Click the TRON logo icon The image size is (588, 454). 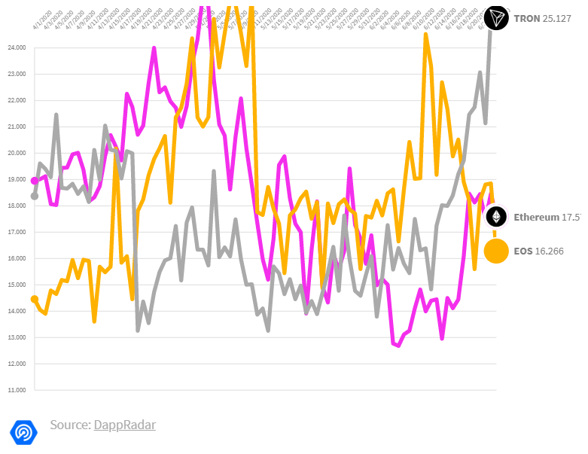pyautogui.click(x=496, y=18)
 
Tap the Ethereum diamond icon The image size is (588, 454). pyautogui.click(x=495, y=218)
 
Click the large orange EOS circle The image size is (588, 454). pyautogui.click(x=496, y=251)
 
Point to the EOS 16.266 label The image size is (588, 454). pyautogui.click(x=538, y=251)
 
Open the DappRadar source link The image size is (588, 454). pyautogui.click(x=124, y=425)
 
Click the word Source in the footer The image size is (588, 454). pyautogui.click(x=69, y=425)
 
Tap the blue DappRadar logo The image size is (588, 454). pyautogui.click(x=23, y=431)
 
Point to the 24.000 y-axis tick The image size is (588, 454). pyautogui.click(x=16, y=47)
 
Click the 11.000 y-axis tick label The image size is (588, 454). pyautogui.click(x=16, y=390)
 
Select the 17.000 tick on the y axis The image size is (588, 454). pyautogui.click(x=16, y=232)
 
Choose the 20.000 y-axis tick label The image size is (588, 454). pyautogui.click(x=16, y=153)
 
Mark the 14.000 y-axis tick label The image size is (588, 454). pyautogui.click(x=16, y=311)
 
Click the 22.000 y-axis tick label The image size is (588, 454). pyautogui.click(x=16, y=100)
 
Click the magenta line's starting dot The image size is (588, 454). pyautogui.click(x=35, y=181)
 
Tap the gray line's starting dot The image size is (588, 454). pyautogui.click(x=35, y=196)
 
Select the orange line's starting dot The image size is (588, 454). pyautogui.click(x=35, y=299)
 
